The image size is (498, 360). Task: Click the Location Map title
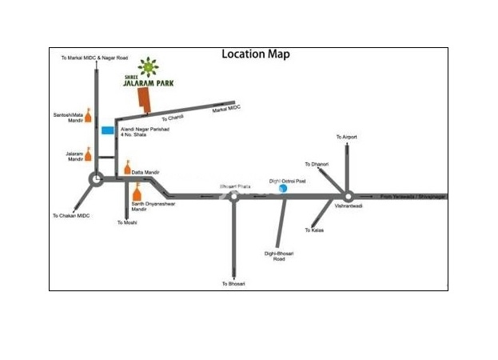click(255, 54)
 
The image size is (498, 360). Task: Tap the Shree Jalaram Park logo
click(147, 73)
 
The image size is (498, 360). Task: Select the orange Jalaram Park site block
click(145, 102)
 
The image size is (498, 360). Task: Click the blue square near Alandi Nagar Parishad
click(107, 130)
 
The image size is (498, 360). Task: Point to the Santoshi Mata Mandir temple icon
click(89, 116)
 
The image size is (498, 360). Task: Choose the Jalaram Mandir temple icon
click(89, 154)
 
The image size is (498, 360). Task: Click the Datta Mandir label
click(146, 173)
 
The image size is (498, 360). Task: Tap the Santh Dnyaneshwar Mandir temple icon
click(136, 194)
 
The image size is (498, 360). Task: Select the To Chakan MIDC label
click(71, 216)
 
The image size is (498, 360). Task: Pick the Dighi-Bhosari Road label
click(275, 256)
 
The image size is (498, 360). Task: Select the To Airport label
click(346, 138)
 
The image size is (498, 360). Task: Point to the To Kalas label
click(313, 230)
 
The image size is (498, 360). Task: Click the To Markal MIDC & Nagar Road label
click(94, 58)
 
